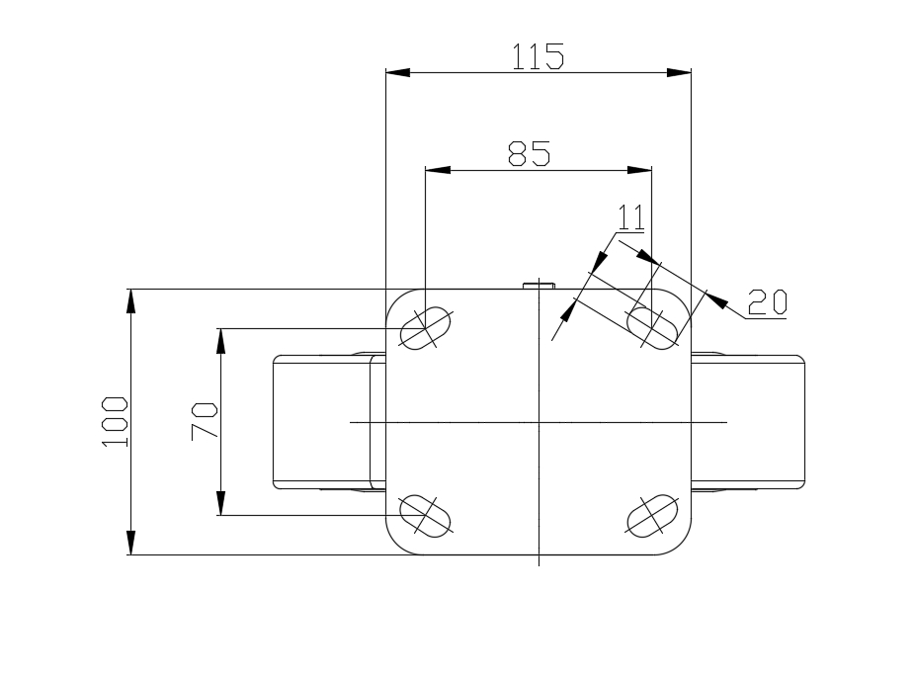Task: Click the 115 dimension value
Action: click(x=538, y=56)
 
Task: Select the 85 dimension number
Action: click(x=529, y=153)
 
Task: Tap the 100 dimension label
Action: click(x=115, y=421)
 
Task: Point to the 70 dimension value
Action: click(x=204, y=420)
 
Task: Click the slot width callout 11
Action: click(x=630, y=217)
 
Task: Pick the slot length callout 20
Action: click(x=767, y=302)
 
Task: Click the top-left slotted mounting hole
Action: click(x=426, y=328)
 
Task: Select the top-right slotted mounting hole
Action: click(x=652, y=328)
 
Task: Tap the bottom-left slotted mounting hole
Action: click(x=426, y=515)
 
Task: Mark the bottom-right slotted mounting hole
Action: click(x=652, y=515)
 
